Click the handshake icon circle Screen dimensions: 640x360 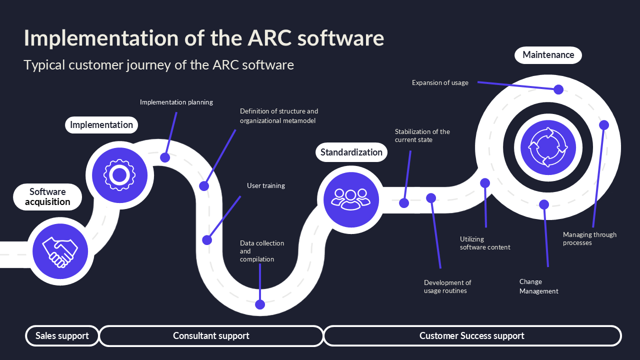(x=60, y=251)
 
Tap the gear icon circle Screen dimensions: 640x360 (x=119, y=175)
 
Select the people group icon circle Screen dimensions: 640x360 (x=351, y=199)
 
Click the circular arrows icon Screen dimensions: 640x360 (x=548, y=147)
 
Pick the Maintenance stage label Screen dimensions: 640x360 (x=548, y=55)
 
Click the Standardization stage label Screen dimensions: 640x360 (x=351, y=152)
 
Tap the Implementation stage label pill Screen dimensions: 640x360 (x=101, y=125)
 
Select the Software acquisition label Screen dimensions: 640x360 (x=47, y=197)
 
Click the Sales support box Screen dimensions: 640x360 (x=62, y=335)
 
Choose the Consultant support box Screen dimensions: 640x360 (x=211, y=335)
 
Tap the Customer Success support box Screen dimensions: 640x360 (x=472, y=335)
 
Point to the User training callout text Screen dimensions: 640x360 (x=266, y=185)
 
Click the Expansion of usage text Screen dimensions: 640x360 (x=440, y=83)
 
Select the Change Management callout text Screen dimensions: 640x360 (x=538, y=286)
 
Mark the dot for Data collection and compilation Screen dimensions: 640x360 (x=260, y=304)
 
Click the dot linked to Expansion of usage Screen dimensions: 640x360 (x=558, y=89)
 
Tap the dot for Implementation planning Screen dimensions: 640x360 (x=165, y=157)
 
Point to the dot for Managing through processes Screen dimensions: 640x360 (x=603, y=125)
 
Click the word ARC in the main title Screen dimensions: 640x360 (x=269, y=37)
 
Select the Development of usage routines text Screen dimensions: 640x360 (x=447, y=286)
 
